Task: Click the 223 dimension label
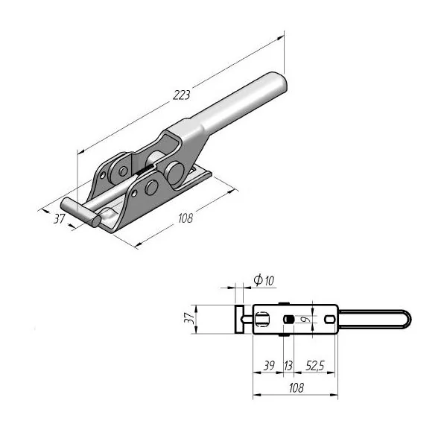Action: [181, 95]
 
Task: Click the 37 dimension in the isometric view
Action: [60, 218]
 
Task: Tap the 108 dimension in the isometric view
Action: [186, 218]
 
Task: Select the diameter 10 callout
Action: [264, 280]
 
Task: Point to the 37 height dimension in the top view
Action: [189, 318]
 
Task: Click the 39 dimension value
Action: [269, 366]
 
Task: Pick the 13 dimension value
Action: [288, 366]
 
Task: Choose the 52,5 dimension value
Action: [315, 366]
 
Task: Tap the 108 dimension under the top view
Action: [297, 387]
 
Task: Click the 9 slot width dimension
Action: [306, 319]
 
